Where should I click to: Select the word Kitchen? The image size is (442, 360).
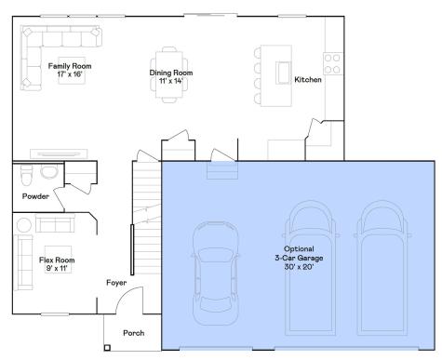pos(308,80)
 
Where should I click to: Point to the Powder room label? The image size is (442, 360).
pos(35,196)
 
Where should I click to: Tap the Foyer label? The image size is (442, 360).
pos(116,283)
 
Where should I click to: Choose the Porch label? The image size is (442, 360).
pos(134,333)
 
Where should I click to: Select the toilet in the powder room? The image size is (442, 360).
pos(26,175)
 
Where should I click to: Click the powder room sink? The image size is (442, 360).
pos(49,171)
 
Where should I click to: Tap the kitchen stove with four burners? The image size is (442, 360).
pos(333,63)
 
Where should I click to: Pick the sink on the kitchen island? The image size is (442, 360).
pos(283,73)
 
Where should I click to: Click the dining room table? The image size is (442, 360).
pos(169,74)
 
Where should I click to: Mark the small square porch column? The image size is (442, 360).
pos(107,348)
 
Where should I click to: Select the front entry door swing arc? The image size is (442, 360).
pos(127,296)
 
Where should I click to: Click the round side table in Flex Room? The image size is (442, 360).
pos(24,225)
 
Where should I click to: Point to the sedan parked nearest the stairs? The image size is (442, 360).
pos(216,273)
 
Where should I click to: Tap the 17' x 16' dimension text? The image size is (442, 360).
pos(70,74)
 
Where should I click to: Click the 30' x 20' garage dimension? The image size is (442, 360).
pos(299,267)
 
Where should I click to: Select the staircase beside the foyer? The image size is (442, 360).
pos(147,218)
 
